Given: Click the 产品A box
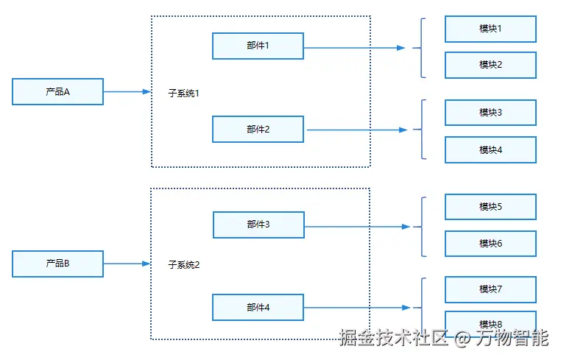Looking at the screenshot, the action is pyautogui.click(x=57, y=91).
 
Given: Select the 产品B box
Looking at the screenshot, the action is pyautogui.click(x=57, y=264).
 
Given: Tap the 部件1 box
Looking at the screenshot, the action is pyautogui.click(x=258, y=46).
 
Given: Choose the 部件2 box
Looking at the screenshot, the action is pyautogui.click(x=258, y=129).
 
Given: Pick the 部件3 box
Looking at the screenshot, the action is pyautogui.click(x=258, y=225).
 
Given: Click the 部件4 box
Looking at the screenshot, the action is pyautogui.click(x=258, y=308).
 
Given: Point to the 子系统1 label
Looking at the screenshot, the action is pyautogui.click(x=183, y=93).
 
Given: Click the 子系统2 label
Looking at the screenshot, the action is pyautogui.click(x=184, y=265).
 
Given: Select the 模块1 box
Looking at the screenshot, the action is pyautogui.click(x=490, y=29).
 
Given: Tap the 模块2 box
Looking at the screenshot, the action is pyautogui.click(x=490, y=65).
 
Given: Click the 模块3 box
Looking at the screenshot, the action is pyautogui.click(x=490, y=113).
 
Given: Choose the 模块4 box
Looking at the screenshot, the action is pyautogui.click(x=490, y=149).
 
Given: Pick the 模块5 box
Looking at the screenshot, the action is pyautogui.click(x=490, y=207).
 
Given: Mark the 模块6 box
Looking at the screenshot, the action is pyautogui.click(x=490, y=244).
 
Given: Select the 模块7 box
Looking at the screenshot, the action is pyautogui.click(x=490, y=289).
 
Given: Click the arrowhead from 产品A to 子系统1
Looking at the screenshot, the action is pyautogui.click(x=147, y=91).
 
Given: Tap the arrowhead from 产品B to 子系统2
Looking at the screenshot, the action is pyautogui.click(x=147, y=264).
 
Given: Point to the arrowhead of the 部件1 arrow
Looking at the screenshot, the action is pyautogui.click(x=401, y=48).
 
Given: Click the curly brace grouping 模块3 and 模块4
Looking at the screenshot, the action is pyautogui.click(x=422, y=129).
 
